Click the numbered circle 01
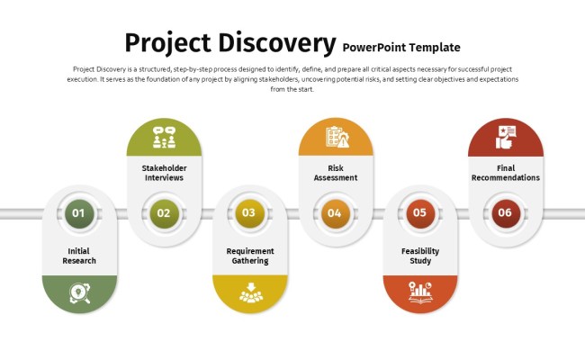click(78, 213)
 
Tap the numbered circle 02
click(164, 213)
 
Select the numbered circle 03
click(249, 213)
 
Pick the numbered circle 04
click(335, 213)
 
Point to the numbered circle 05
click(419, 213)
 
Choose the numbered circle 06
click(505, 213)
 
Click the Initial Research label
click(79, 256)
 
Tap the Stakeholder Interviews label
click(164, 173)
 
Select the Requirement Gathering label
click(249, 256)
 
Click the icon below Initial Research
click(79, 293)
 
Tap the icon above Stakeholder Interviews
click(164, 139)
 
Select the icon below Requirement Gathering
click(249, 293)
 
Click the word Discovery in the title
click(274, 42)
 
